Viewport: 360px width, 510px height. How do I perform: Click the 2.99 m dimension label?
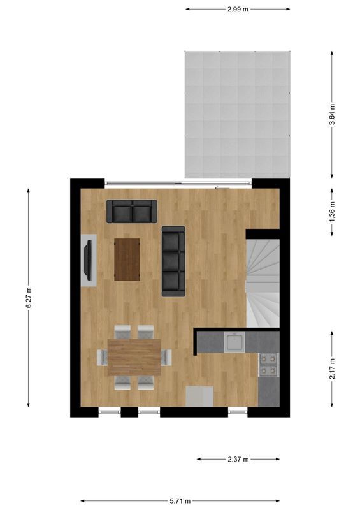click(x=238, y=9)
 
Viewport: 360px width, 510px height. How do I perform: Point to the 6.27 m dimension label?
click(x=29, y=298)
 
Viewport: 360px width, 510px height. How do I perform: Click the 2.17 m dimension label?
click(x=332, y=368)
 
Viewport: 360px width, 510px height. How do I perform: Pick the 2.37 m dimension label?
click(x=238, y=459)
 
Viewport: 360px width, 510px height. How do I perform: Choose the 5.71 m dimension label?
click(x=180, y=501)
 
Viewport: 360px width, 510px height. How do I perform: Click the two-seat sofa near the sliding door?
click(x=131, y=212)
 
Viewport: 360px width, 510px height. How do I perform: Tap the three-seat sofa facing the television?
click(x=173, y=261)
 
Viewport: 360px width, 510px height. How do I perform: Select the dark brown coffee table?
click(x=127, y=259)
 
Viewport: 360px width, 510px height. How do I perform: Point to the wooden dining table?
click(x=134, y=357)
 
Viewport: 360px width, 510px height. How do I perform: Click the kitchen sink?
click(x=234, y=343)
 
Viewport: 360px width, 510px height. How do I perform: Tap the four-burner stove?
click(x=268, y=363)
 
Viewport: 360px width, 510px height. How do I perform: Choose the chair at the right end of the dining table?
click(x=167, y=357)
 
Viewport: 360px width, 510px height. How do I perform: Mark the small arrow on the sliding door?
click(x=219, y=187)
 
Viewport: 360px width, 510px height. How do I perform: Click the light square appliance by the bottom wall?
click(x=198, y=395)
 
